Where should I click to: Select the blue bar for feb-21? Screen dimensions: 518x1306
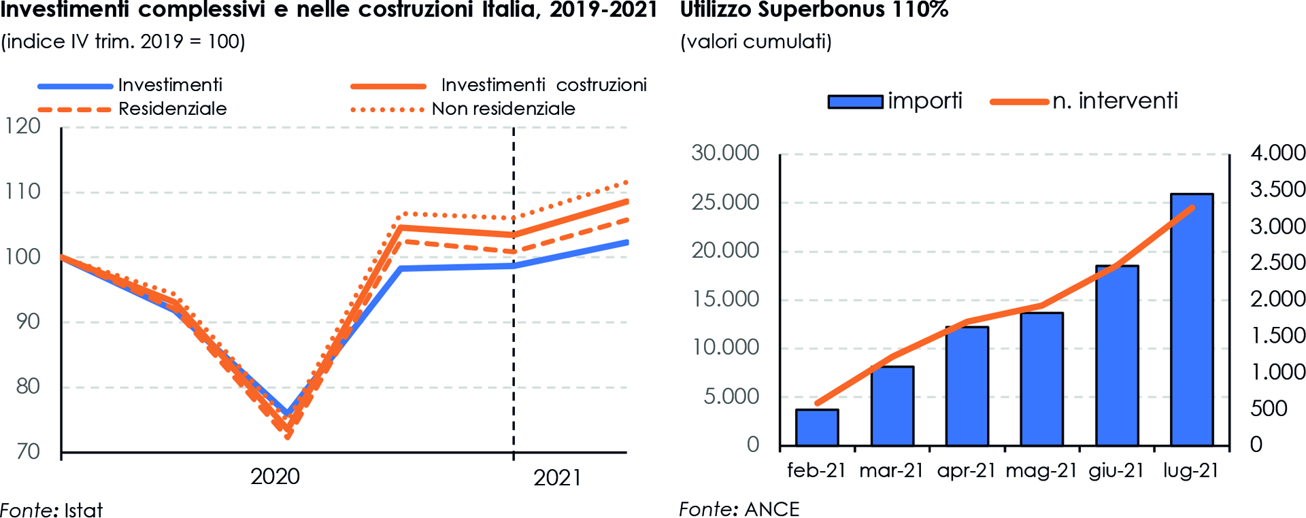[x=817, y=428]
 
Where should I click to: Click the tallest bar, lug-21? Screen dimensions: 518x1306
[x=1192, y=320]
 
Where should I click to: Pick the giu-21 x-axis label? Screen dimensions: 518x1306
[x=1116, y=470]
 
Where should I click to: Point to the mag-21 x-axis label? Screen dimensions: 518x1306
[x=1041, y=470]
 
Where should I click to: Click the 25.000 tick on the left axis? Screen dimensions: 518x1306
[x=725, y=202]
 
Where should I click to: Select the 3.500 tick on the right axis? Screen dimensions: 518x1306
[x=1277, y=189]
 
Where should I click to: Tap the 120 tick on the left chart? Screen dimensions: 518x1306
[x=23, y=126]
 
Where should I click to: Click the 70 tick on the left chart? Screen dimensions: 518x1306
[x=28, y=451]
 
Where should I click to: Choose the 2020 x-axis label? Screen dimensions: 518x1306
[x=275, y=477]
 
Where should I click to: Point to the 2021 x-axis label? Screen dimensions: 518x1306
[x=557, y=478]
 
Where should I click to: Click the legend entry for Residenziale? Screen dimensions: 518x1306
[x=172, y=109]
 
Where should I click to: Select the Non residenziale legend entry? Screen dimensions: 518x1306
[x=503, y=109]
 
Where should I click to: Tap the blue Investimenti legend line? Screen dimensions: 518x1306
[x=75, y=86]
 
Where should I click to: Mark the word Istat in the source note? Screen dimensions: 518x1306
[x=83, y=510]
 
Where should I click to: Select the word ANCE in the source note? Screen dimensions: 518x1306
[x=772, y=509]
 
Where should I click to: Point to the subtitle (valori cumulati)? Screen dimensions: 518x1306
[x=756, y=41]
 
